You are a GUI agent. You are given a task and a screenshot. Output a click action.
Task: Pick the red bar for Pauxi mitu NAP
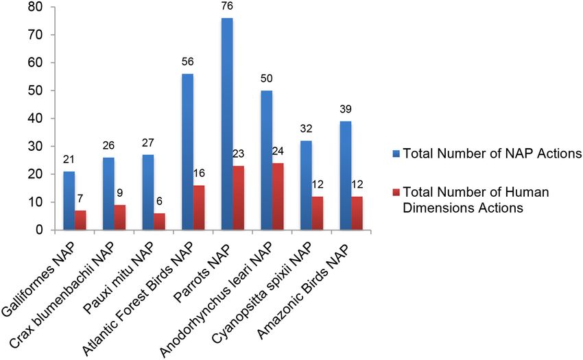pos(158,221)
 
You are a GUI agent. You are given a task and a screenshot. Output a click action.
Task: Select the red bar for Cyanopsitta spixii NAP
pos(318,213)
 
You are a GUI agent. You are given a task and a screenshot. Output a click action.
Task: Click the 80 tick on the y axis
pos(30,7)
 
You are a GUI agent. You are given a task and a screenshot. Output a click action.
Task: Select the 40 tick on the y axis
pos(30,119)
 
